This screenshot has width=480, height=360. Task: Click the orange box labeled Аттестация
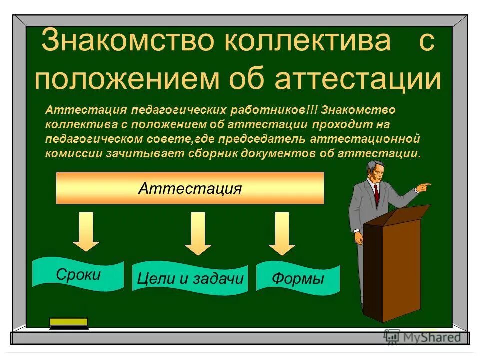point(190,188)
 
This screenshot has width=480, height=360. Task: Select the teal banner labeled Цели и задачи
point(190,279)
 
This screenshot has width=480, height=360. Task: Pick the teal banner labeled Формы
point(298,279)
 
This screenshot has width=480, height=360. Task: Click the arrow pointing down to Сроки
point(86,231)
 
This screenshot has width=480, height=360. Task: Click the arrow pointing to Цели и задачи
point(198,233)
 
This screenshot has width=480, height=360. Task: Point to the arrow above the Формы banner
point(282,233)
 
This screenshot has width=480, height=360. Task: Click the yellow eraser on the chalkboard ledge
point(69,323)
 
